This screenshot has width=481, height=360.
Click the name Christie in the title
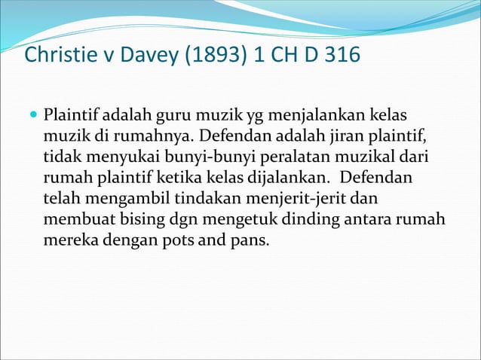[55, 55]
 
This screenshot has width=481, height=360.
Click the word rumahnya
[130, 137]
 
